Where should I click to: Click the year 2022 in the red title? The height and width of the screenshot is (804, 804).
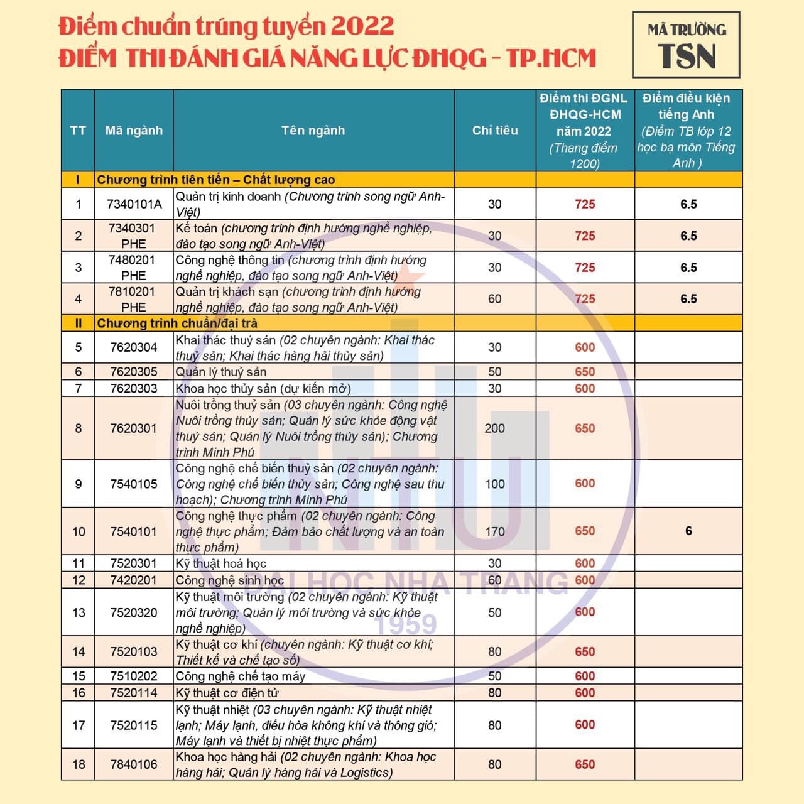tap(362, 26)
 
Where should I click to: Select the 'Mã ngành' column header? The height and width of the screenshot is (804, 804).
tap(134, 131)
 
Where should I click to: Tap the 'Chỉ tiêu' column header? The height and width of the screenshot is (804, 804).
tap(495, 131)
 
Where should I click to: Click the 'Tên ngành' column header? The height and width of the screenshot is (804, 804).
tap(313, 131)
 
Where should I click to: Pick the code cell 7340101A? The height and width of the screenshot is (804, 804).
tap(134, 204)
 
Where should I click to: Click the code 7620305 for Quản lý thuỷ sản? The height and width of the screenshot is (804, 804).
tap(134, 372)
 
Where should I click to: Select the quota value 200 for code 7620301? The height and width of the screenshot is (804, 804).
tap(495, 428)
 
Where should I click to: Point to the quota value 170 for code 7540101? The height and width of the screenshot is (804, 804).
tap(495, 531)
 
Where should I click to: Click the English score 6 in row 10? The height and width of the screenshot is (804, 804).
tap(688, 531)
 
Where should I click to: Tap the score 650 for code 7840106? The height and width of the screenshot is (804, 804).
tap(585, 764)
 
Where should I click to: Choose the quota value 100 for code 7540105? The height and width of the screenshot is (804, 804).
tap(495, 484)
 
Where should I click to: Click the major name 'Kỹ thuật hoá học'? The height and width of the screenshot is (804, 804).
tap(221, 563)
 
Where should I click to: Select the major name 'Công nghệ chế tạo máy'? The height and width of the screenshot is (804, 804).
tap(241, 676)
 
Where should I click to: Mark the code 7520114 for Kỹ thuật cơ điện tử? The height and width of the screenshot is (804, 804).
tap(134, 693)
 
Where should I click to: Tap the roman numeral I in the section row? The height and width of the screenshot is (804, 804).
tap(78, 180)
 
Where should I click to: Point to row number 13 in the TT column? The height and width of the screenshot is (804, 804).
tap(79, 612)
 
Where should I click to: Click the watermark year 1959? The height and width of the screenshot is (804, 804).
tap(405, 624)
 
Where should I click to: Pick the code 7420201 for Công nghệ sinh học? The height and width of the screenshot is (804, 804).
tap(134, 580)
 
